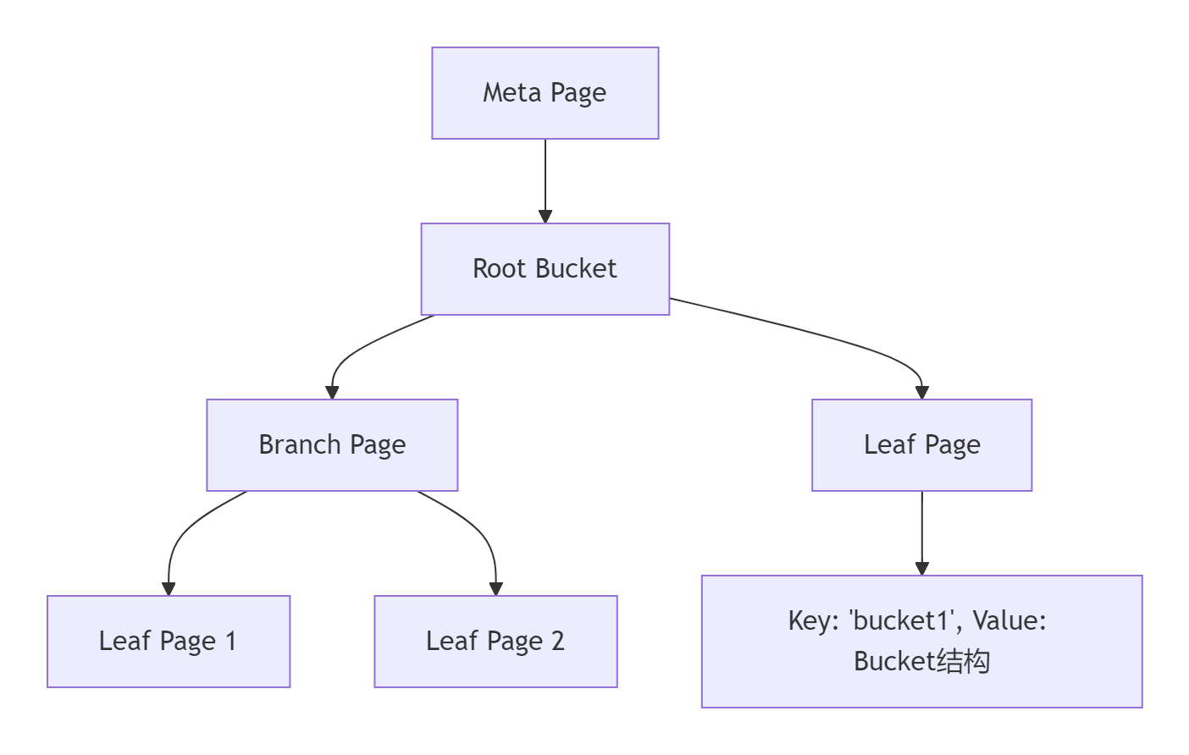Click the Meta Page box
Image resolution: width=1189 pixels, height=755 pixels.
pos(545,93)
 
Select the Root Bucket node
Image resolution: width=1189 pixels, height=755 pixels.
pos(545,269)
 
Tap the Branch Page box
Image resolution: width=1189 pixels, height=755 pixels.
pos(332,445)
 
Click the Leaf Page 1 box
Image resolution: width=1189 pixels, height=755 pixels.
pos(169,642)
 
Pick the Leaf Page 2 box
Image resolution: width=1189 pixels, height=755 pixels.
pos(495,642)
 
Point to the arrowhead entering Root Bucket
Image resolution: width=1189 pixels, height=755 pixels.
pos(545,217)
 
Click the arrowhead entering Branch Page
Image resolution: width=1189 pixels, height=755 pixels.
pos(332,393)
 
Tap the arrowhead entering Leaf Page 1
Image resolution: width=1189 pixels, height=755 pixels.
pos(169,589)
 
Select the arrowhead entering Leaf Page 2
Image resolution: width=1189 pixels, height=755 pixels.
pos(496,589)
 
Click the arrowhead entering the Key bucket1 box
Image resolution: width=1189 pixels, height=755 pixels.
pos(922,569)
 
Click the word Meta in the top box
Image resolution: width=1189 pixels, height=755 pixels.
pos(512,92)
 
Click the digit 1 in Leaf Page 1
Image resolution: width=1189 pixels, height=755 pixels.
pos(230,642)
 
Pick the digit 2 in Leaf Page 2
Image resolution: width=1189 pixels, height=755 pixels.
pos(557,642)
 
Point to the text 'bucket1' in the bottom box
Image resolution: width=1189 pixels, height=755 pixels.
pos(904,621)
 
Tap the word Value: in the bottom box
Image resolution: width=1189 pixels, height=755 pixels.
pos(1009,621)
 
